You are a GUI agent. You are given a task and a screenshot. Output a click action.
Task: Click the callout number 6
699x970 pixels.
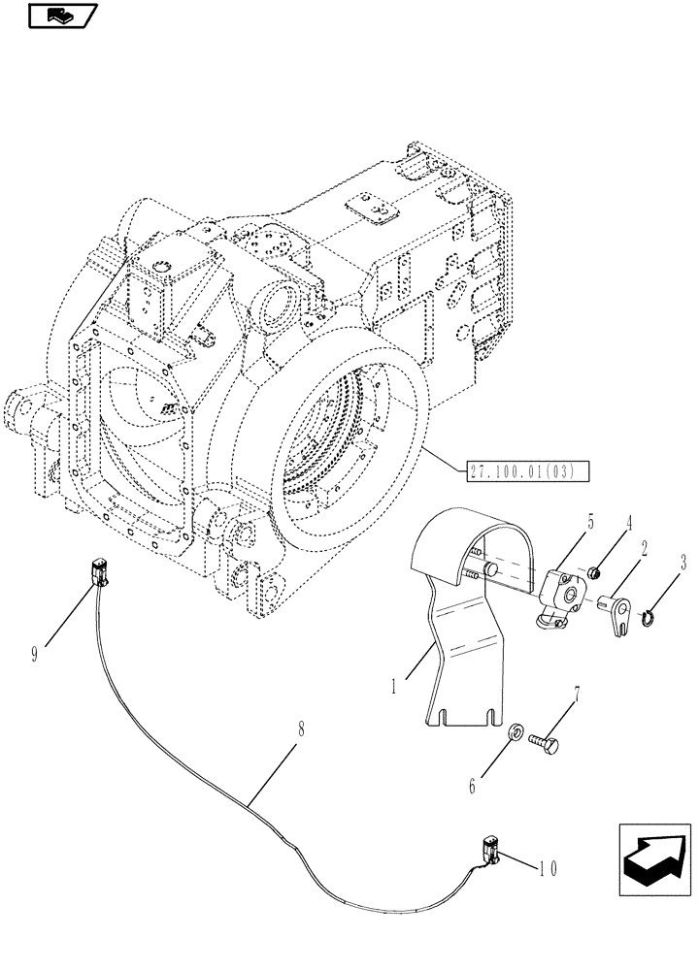pos(474,788)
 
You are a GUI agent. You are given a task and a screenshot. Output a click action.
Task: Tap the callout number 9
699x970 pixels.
pos(35,654)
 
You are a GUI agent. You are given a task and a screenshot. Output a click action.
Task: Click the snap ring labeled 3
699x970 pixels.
pos(649,612)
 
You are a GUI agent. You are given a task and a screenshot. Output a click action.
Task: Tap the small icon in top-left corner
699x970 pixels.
pos(61,16)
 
